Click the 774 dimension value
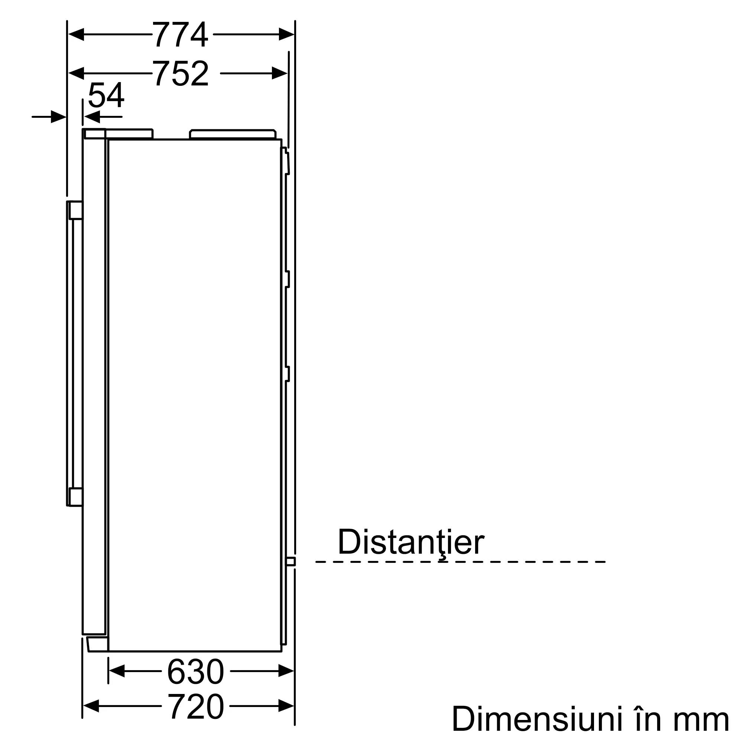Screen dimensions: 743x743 181,35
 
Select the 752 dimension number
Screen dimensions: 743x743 181,73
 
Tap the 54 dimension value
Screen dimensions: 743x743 106,95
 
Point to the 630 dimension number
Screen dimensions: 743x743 195,671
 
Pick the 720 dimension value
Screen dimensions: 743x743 195,706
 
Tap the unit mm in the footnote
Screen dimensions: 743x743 701,721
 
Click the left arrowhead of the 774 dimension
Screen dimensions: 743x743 76,35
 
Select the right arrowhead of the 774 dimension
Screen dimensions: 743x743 286,35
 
